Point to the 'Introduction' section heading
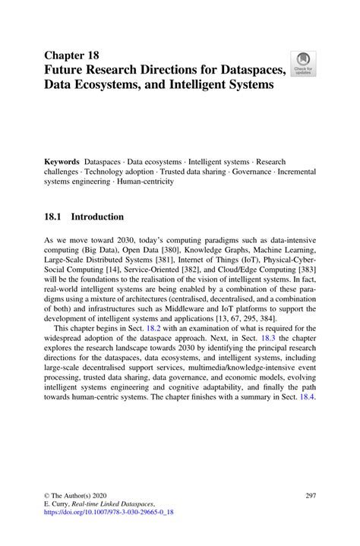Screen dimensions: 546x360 pos(98,217)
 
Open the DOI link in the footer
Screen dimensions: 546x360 pos(109,513)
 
